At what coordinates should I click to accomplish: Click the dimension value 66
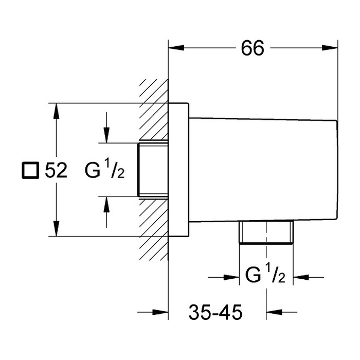[253, 48]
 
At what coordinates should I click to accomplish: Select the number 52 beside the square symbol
[56, 170]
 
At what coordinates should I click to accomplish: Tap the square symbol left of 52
[30, 170]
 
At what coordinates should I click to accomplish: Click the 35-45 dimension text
[215, 312]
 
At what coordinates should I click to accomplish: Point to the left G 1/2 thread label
[104, 169]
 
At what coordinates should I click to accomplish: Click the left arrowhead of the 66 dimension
[176, 48]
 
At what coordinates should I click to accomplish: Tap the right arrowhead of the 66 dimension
[330, 48]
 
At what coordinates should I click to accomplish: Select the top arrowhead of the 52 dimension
[56, 111]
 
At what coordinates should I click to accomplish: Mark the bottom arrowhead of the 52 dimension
[56, 228]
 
